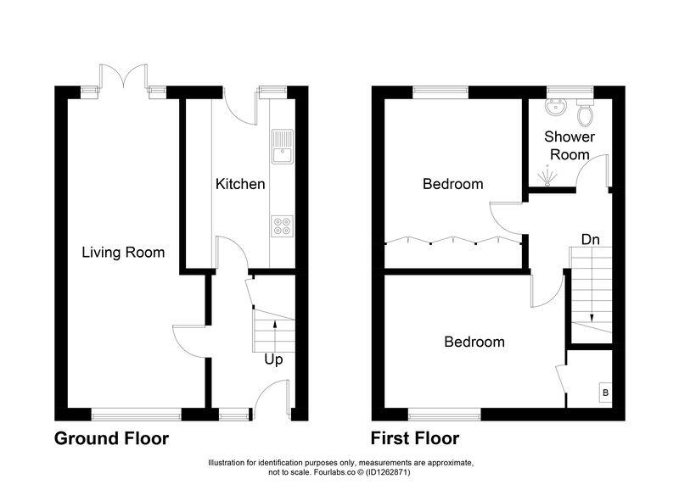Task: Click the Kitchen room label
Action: pyautogui.click(x=240, y=184)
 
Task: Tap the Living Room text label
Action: pyautogui.click(x=123, y=252)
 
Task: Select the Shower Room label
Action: pyautogui.click(x=570, y=145)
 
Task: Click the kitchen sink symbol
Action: pyautogui.click(x=281, y=148)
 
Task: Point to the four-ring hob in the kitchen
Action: pyautogui.click(x=281, y=226)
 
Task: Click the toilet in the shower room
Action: pyautogui.click(x=585, y=113)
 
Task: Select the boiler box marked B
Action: pyautogui.click(x=604, y=393)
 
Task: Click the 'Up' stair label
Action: pyautogui.click(x=273, y=359)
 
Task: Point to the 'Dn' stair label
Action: pyautogui.click(x=591, y=240)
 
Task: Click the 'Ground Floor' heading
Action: pyautogui.click(x=111, y=438)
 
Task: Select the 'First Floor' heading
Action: pyautogui.click(x=415, y=438)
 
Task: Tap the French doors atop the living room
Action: pyautogui.click(x=126, y=81)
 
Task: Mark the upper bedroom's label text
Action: pyautogui.click(x=453, y=184)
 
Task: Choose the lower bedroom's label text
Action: pyautogui.click(x=474, y=342)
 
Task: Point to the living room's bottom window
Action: pyautogui.click(x=137, y=414)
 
